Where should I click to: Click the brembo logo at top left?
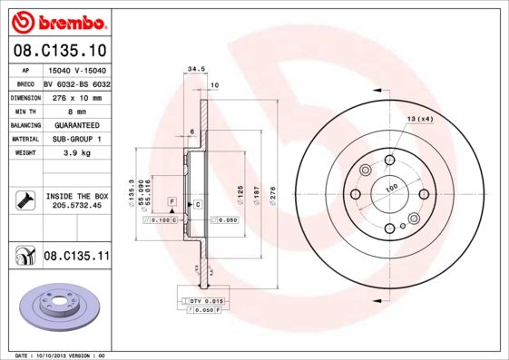click(55, 20)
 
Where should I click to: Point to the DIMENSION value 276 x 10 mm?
click(76, 97)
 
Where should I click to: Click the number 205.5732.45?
click(77, 206)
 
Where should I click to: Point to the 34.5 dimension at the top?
click(192, 69)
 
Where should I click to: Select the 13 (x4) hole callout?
click(419, 120)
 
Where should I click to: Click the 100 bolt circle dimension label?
click(391, 188)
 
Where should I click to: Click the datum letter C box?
click(197, 206)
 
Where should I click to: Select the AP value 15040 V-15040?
click(76, 69)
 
